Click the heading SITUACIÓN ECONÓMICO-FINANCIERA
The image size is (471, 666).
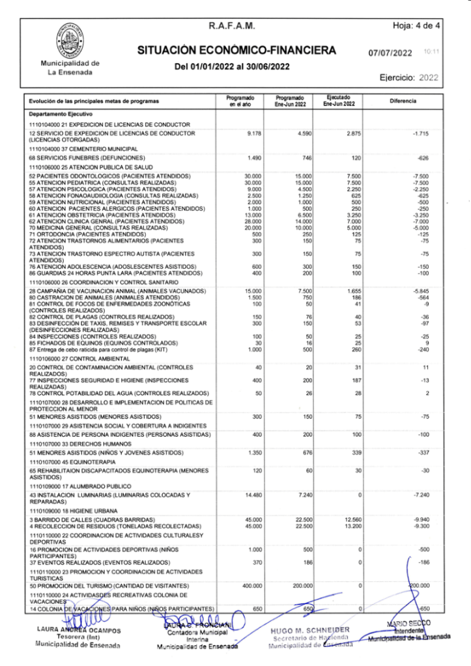236,50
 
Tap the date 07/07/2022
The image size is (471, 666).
390,53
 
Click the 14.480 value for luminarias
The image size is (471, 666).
252,495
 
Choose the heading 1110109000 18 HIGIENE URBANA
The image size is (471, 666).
72,511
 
